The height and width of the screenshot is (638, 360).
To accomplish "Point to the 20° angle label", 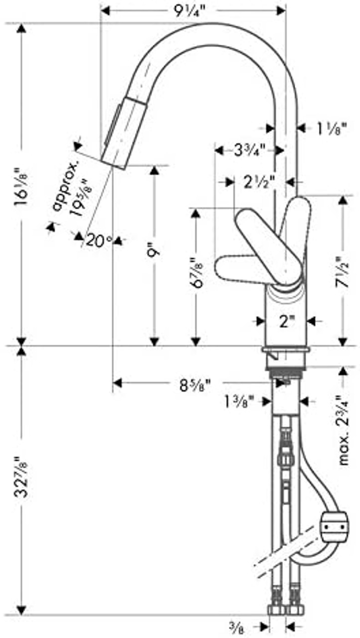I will (99, 241).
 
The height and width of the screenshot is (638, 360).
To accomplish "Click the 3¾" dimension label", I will (248, 150).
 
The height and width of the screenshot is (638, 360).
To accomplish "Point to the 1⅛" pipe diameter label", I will (330, 128).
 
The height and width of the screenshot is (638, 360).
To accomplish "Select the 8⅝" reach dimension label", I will (194, 384).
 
